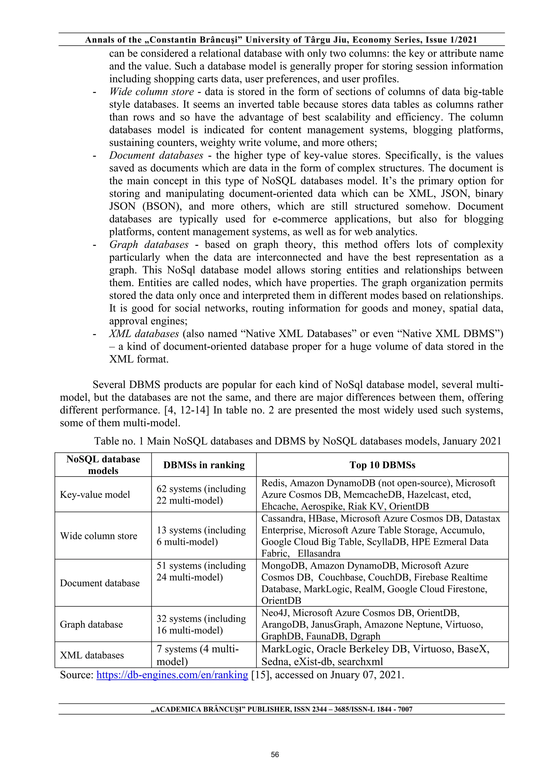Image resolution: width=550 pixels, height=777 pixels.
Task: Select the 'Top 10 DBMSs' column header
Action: tap(382, 465)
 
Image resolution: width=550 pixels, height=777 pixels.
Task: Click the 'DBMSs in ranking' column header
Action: tap(204, 465)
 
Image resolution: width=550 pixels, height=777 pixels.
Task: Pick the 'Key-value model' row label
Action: tap(95, 495)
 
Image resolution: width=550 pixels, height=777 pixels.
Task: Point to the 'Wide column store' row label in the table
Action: tap(99, 536)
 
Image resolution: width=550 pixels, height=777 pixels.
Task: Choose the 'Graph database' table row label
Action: tap(91, 624)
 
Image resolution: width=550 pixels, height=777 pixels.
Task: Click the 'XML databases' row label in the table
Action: tap(92, 655)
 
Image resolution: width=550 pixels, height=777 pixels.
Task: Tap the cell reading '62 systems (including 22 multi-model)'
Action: tap(201, 495)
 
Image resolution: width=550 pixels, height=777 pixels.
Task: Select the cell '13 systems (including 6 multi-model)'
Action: tap(201, 536)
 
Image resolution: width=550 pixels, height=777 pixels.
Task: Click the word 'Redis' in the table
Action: tap(273, 483)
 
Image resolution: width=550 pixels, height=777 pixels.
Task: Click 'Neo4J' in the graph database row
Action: tap(275, 613)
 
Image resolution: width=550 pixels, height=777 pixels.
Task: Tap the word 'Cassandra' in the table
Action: tap(283, 518)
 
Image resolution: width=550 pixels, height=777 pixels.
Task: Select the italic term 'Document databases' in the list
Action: tap(156, 155)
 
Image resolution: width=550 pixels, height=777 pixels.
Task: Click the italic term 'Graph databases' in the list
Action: tap(149, 245)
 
